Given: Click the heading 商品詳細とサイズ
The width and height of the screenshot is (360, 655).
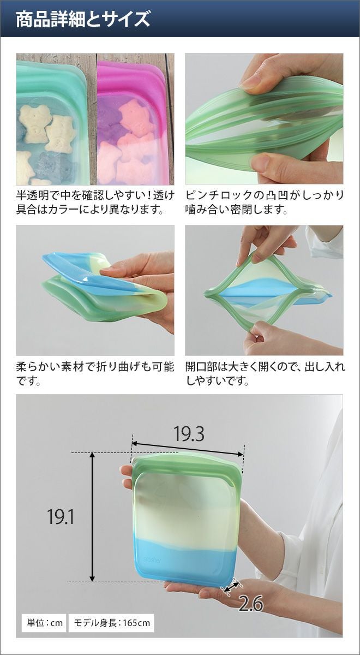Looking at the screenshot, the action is [83, 19].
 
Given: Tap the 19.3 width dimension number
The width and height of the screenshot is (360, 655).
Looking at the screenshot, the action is [189, 433].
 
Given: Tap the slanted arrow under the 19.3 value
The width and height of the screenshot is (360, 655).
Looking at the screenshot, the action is [188, 449].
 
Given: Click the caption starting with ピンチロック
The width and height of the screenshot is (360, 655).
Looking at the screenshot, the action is [265, 202].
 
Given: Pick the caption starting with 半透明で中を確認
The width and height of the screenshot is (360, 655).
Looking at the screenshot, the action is [95, 202].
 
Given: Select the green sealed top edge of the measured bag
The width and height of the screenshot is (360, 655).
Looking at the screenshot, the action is [187, 462].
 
